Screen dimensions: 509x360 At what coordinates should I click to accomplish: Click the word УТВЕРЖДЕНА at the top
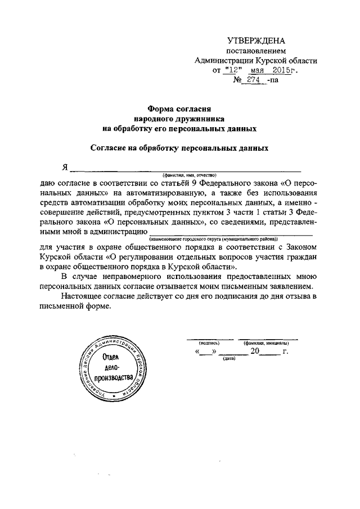[x=255, y=40]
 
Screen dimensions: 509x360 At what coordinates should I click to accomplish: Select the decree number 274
[x=253, y=80]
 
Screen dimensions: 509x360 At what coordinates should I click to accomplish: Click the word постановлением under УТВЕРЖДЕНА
[x=256, y=51]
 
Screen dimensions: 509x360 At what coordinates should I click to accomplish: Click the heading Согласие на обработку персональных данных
[x=179, y=148]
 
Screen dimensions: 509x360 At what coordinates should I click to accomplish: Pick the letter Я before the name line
[x=65, y=168]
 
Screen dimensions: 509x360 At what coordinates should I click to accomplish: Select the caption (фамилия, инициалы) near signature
[x=267, y=342]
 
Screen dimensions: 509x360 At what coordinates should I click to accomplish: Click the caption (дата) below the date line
[x=229, y=358]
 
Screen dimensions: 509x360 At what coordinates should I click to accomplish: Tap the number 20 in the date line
[x=255, y=351]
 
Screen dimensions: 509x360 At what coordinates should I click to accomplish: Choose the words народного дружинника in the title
[x=179, y=119]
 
